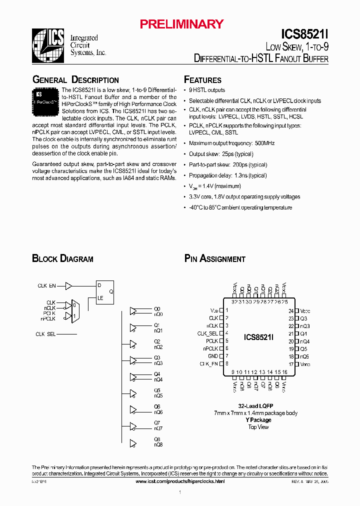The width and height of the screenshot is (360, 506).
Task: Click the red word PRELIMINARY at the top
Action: pyautogui.click(x=181, y=24)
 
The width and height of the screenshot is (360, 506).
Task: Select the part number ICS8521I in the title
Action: pyautogui.click(x=304, y=34)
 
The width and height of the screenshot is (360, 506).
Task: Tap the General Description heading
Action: pyautogui.click(x=75, y=80)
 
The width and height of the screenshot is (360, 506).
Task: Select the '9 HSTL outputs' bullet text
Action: pyautogui.click(x=207, y=90)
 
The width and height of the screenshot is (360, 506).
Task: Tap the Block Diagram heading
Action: pyautogui.click(x=62, y=259)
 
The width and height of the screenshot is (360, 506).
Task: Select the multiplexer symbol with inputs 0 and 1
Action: pyautogui.click(x=74, y=311)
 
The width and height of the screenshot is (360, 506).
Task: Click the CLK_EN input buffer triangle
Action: pyautogui.click(x=68, y=286)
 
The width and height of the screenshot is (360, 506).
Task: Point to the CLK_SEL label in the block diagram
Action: pyautogui.click(x=45, y=334)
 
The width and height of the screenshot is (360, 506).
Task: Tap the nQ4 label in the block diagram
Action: pyautogui.click(x=158, y=380)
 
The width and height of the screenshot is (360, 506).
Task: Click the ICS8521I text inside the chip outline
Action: pyautogui.click(x=259, y=337)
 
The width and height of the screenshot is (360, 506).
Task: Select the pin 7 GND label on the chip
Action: pyautogui.click(x=213, y=356)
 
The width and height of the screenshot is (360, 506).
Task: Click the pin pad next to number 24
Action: pyautogui.click(x=296, y=310)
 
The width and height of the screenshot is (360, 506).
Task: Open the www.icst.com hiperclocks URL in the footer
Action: pyautogui.click(x=180, y=481)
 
